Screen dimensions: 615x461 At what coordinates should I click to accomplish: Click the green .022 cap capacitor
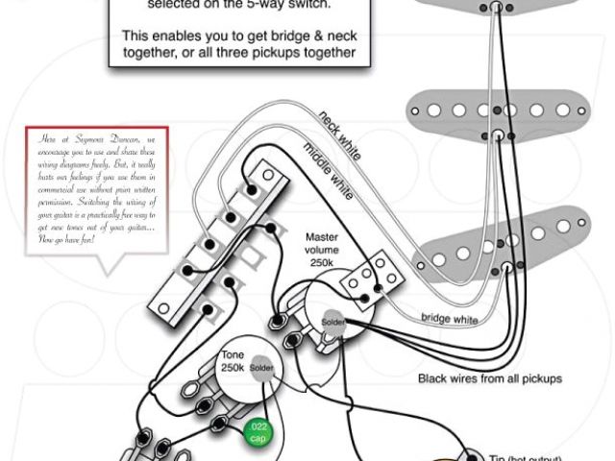point(258,431)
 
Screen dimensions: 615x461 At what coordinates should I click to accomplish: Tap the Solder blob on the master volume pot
point(332,322)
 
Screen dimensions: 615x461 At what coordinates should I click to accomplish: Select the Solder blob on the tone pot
point(261,369)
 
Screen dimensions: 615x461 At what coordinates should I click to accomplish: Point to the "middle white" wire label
point(328,165)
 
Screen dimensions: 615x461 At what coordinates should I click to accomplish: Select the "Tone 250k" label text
point(234,361)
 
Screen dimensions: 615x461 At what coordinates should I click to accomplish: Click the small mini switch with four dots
point(370,277)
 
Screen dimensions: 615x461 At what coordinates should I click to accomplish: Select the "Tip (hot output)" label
point(527,456)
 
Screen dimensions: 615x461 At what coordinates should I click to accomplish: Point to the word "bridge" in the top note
point(255,35)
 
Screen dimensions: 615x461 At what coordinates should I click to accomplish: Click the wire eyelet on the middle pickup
point(498,133)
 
